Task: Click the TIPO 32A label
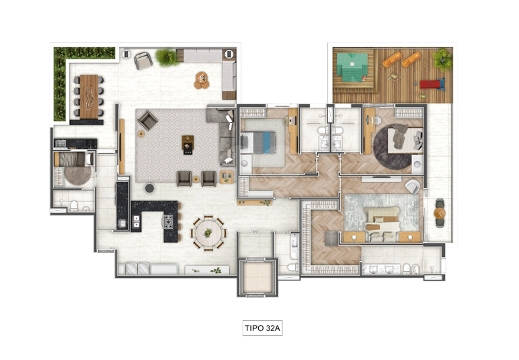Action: (262, 328)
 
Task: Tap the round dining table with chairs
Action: (208, 233)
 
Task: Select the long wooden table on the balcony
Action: (89, 97)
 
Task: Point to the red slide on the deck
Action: (433, 84)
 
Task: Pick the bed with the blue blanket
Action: (258, 143)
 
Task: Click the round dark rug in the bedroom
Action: (393, 147)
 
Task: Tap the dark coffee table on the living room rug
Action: (188, 145)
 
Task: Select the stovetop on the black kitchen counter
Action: (168, 221)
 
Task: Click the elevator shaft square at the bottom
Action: (257, 277)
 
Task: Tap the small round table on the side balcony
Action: (440, 213)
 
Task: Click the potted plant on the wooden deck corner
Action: (442, 59)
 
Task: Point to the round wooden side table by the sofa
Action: (202, 80)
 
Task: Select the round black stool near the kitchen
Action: (150, 188)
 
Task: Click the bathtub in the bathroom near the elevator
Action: (294, 246)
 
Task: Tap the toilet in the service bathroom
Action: (74, 206)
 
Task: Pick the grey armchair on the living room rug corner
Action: (147, 120)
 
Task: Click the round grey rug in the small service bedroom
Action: (77, 175)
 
